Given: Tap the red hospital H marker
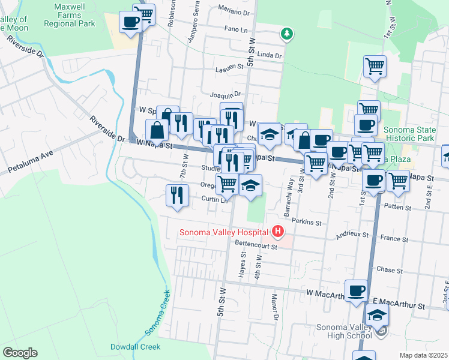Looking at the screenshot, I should [x=277, y=230].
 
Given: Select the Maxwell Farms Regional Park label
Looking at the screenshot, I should [x=70, y=17].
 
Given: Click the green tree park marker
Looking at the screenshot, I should [x=288, y=33].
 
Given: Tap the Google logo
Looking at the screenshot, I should [x=20, y=353].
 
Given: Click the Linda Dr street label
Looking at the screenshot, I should [x=269, y=55].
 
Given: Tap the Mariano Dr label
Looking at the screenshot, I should [x=234, y=11].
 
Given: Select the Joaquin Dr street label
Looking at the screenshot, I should [x=225, y=94].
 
